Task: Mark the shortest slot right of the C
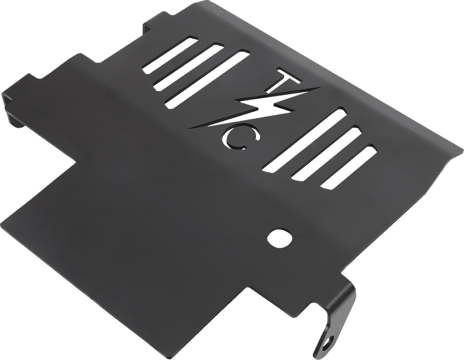pos(349,166)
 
